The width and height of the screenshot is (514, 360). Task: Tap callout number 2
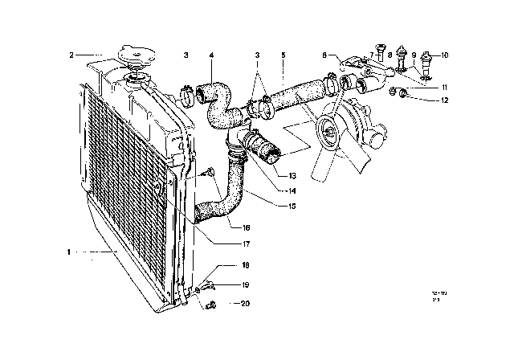[71, 55]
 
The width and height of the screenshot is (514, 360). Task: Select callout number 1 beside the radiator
[71, 252]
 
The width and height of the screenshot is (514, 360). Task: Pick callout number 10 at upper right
[446, 55]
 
